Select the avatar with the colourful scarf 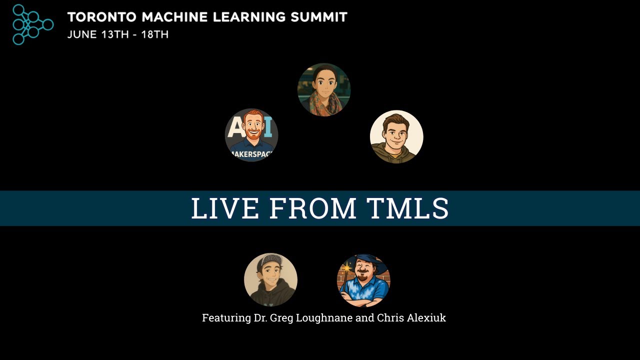click(324, 90)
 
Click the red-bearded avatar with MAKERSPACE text click(251, 135)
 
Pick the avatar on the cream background click(396, 136)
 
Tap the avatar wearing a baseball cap click(270, 279)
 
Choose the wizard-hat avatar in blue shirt click(363, 280)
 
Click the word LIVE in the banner click(225, 208)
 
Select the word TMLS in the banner click(407, 208)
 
